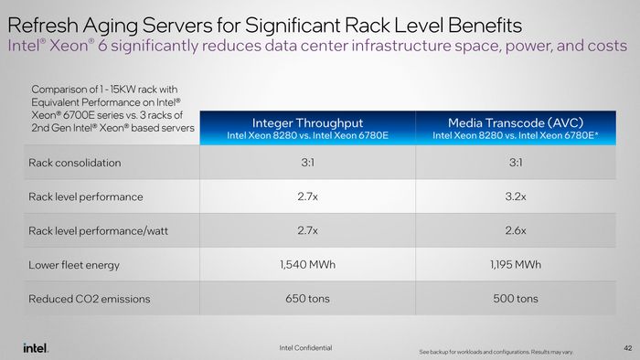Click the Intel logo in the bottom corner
[36, 348]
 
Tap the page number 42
[628, 348]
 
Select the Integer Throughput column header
[307, 128]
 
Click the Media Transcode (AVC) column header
[516, 128]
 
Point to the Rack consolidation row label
[75, 163]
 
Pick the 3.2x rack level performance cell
[516, 196]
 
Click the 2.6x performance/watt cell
[516, 231]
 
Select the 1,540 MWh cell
[308, 265]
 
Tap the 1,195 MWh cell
[516, 265]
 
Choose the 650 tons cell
[307, 299]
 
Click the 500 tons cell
[516, 299]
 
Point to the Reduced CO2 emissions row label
[90, 299]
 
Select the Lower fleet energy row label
[74, 265]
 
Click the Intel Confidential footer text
[305, 348]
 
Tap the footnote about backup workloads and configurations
[496, 352]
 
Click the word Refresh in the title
[43, 26]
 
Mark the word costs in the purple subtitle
[607, 46]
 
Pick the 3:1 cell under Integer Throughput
[308, 163]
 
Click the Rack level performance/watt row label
[98, 231]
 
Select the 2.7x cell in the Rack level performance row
[307, 196]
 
